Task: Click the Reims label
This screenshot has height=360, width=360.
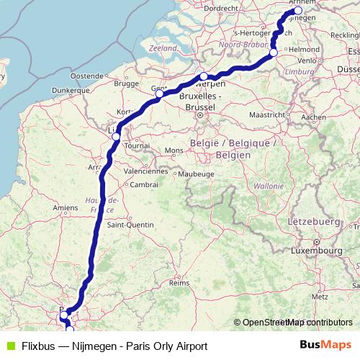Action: pos(178,283)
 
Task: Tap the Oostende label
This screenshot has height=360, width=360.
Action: pos(87,76)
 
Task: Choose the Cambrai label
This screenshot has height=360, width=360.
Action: pos(145,184)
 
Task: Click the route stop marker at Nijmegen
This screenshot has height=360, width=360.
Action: pos(297,11)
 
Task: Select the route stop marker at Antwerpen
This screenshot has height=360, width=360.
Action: pos(204,76)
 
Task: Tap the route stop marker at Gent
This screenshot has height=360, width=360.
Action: pos(159,93)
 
